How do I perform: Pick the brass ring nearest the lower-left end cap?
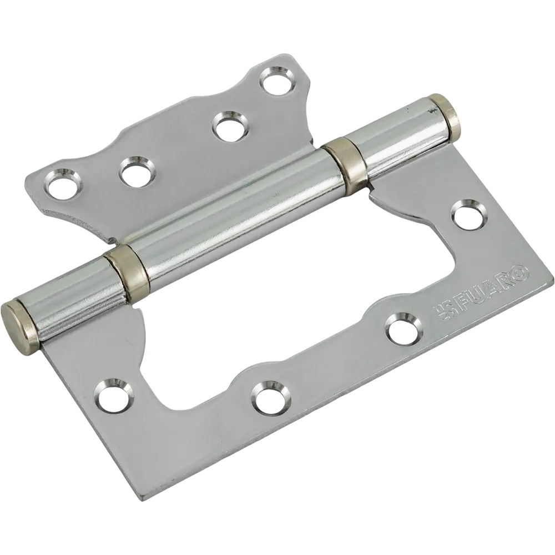click(125, 267)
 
